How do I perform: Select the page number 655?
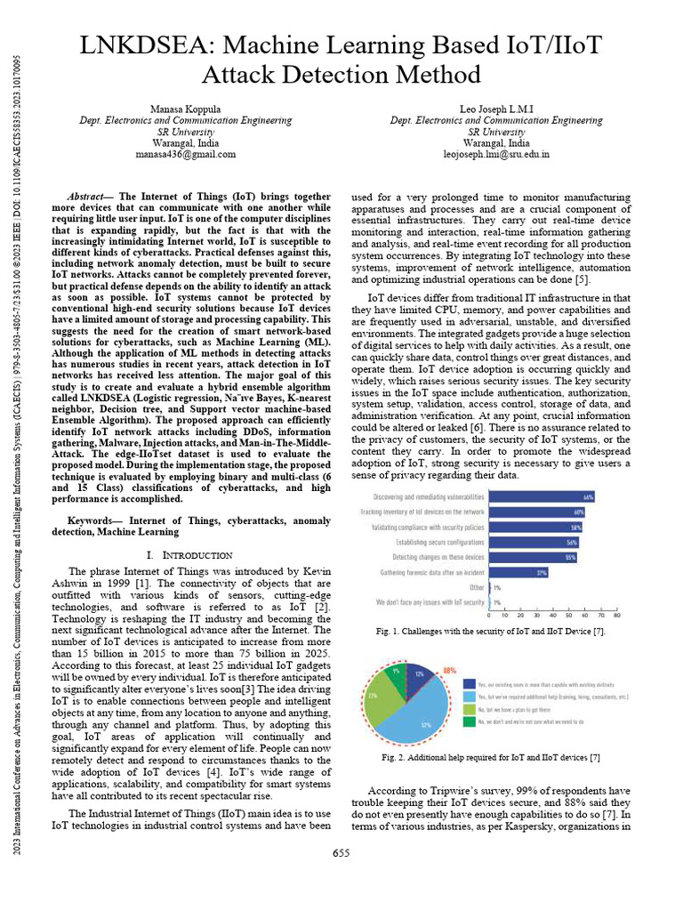coord(341,854)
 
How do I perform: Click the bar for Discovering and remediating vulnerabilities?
coord(542,497)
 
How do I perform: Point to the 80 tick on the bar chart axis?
coord(616,615)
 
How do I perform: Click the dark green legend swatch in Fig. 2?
coord(469,722)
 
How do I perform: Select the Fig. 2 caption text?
coord(490,757)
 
